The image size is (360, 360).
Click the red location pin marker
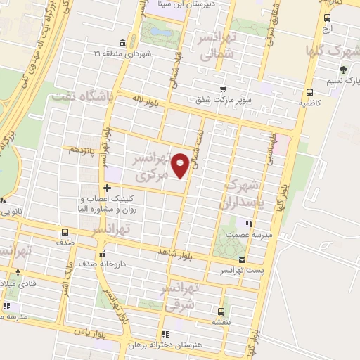click(x=181, y=165)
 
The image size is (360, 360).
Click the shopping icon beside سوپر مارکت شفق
click(x=223, y=89)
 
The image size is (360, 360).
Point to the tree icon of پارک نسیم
click(x=342, y=69)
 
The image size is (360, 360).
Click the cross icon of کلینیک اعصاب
click(x=106, y=188)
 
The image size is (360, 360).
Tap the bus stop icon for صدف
click(x=65, y=231)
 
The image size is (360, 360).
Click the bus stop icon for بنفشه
click(x=221, y=311)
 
